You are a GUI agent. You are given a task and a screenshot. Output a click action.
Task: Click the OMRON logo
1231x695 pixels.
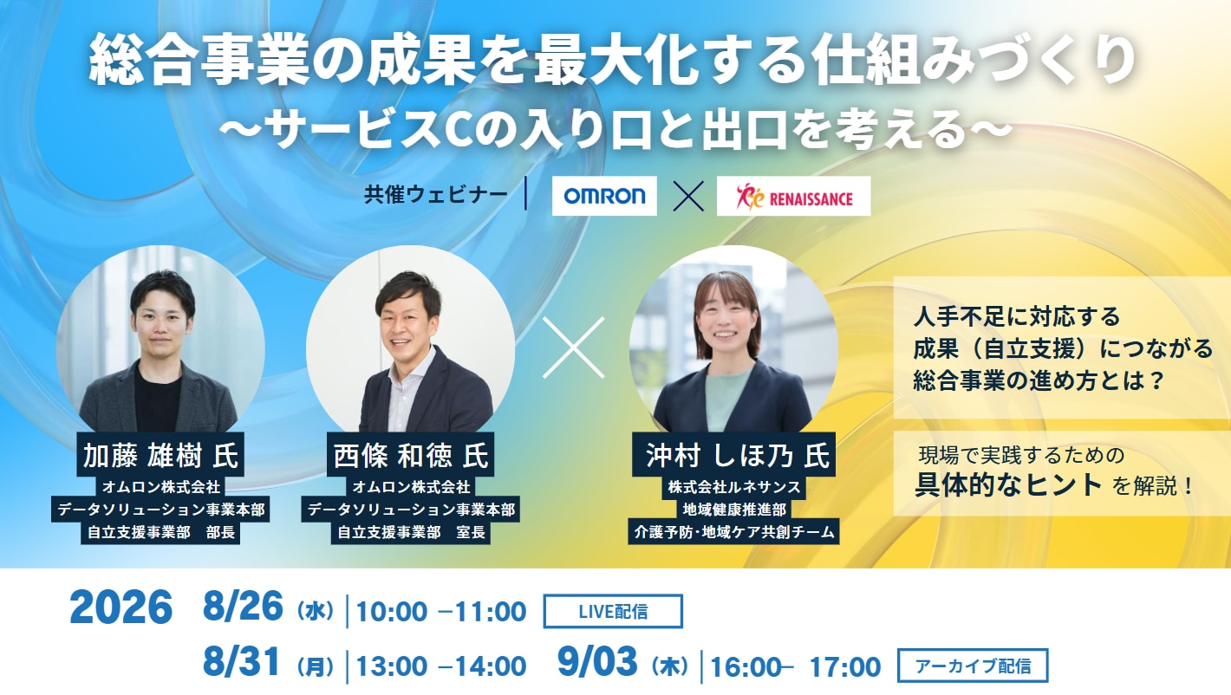(x=604, y=196)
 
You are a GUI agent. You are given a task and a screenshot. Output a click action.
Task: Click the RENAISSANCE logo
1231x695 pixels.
(x=793, y=196)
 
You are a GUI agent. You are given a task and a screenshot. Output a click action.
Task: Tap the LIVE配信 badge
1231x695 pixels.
(x=613, y=611)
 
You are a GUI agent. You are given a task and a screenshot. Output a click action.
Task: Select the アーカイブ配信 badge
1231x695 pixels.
(x=973, y=666)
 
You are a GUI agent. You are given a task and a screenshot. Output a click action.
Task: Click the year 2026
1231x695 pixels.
(x=120, y=607)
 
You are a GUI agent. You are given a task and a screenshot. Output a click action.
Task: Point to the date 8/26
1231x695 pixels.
(x=243, y=607)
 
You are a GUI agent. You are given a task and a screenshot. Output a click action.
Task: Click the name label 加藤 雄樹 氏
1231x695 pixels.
(x=160, y=456)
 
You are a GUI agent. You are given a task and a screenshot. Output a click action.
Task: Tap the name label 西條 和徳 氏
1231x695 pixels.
(x=411, y=456)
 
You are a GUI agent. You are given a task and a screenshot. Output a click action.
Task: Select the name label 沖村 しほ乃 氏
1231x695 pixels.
(x=733, y=456)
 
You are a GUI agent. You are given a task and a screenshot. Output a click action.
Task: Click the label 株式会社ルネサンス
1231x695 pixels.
(x=733, y=487)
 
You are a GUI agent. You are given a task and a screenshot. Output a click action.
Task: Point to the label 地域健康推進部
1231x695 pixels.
(x=733, y=510)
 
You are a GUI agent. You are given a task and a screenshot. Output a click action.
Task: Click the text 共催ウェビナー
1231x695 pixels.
(x=436, y=195)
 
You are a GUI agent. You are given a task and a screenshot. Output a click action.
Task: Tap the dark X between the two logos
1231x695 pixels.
(x=688, y=196)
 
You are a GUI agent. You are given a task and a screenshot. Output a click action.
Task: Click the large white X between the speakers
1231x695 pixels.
(x=574, y=347)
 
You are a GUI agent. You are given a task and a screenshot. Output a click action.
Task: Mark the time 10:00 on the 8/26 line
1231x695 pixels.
(x=391, y=612)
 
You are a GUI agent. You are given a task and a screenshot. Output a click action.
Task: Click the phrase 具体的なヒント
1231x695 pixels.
(x=1008, y=484)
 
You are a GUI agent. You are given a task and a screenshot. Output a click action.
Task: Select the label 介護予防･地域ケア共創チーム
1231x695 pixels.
(x=733, y=531)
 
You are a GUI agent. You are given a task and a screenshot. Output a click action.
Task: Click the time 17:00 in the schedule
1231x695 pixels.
(x=845, y=666)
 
